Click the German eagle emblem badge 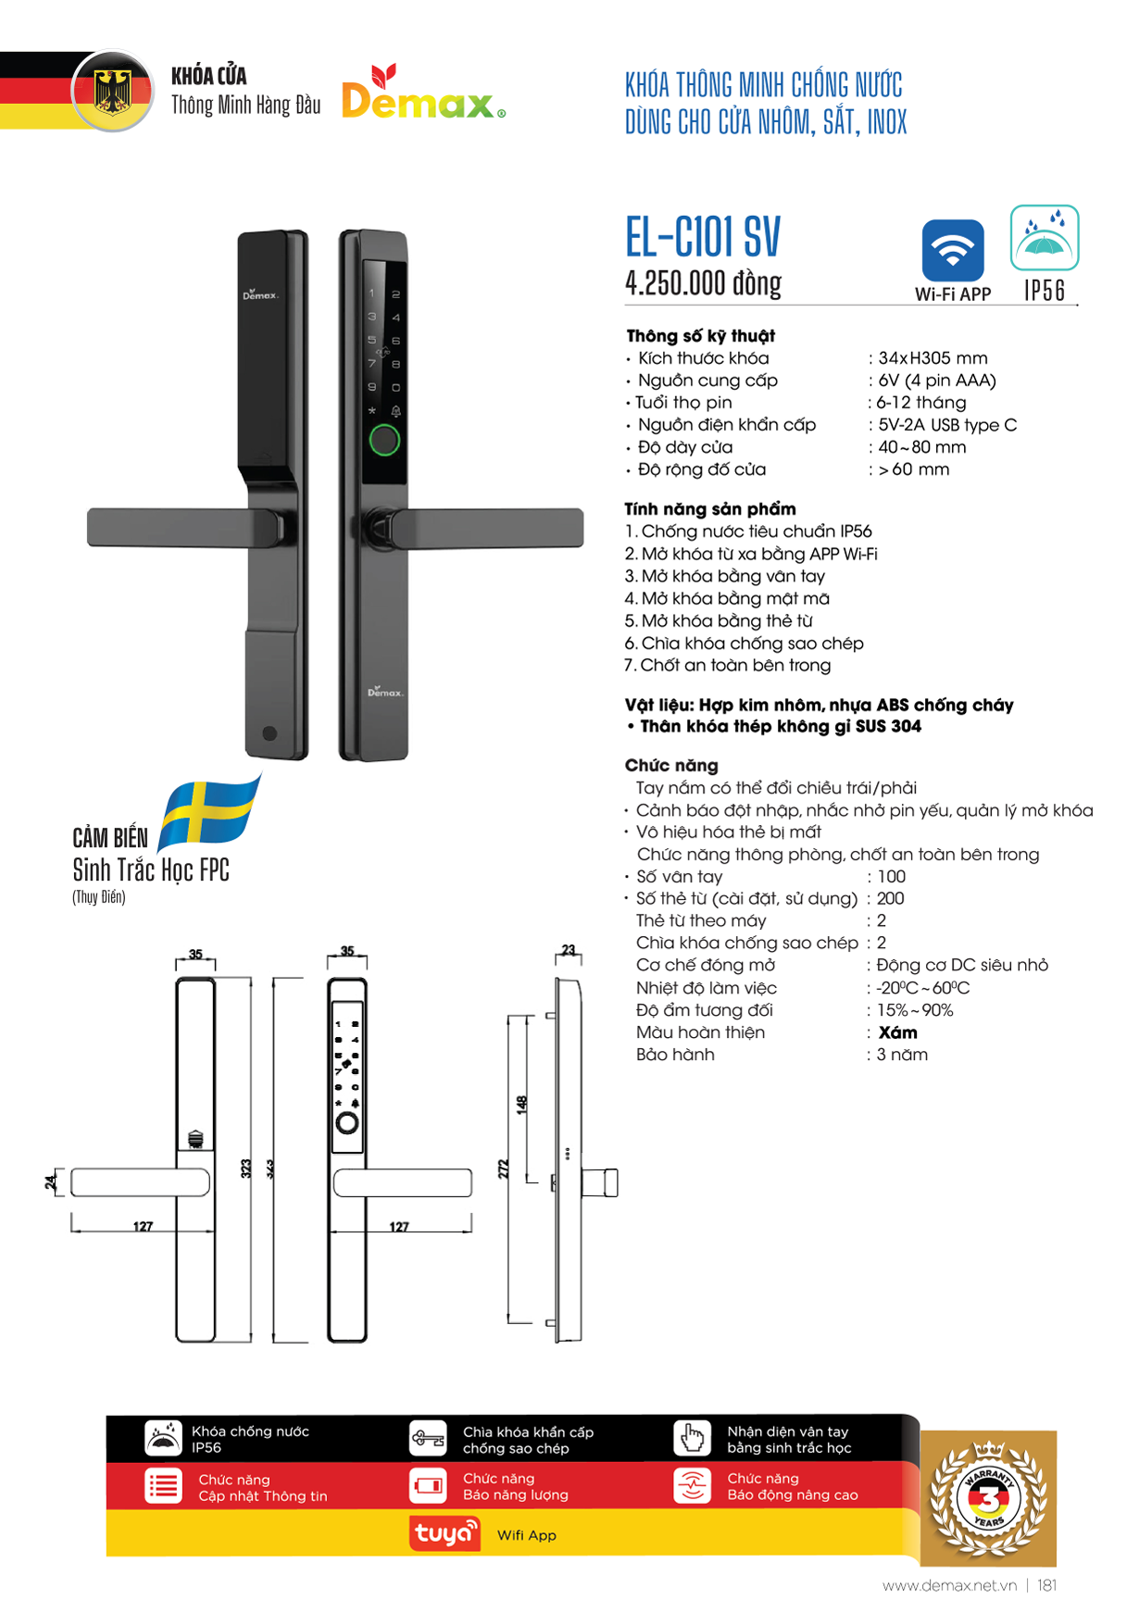pyautogui.click(x=113, y=91)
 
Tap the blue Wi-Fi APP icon pyautogui.click(x=953, y=250)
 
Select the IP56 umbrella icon pyautogui.click(x=1045, y=238)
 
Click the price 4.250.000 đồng pyautogui.click(x=703, y=282)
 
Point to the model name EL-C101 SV pyautogui.click(x=703, y=237)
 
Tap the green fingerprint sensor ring pyautogui.click(x=384, y=440)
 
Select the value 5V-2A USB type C pyautogui.click(x=947, y=425)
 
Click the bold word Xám pyautogui.click(x=897, y=1032)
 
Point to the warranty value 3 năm pyautogui.click(x=902, y=1055)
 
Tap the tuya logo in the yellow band pyautogui.click(x=444, y=1533)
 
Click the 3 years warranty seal pyautogui.click(x=988, y=1497)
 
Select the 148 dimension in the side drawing pyautogui.click(x=521, y=1104)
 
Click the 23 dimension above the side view pyautogui.click(x=568, y=950)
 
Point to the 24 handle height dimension pyautogui.click(x=50, y=1182)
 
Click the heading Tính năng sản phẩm pyautogui.click(x=710, y=509)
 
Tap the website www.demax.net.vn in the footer pyautogui.click(x=949, y=1585)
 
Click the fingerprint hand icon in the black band pyautogui.click(x=692, y=1439)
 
